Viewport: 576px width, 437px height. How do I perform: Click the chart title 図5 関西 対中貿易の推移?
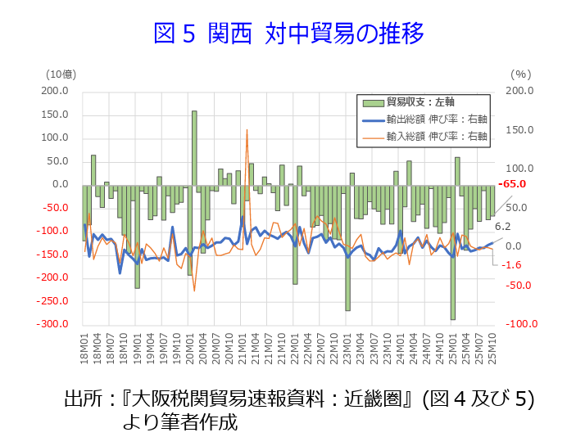click(x=288, y=33)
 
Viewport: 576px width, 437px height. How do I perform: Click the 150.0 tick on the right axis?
click(x=519, y=130)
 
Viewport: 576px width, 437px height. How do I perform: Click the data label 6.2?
click(x=503, y=227)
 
